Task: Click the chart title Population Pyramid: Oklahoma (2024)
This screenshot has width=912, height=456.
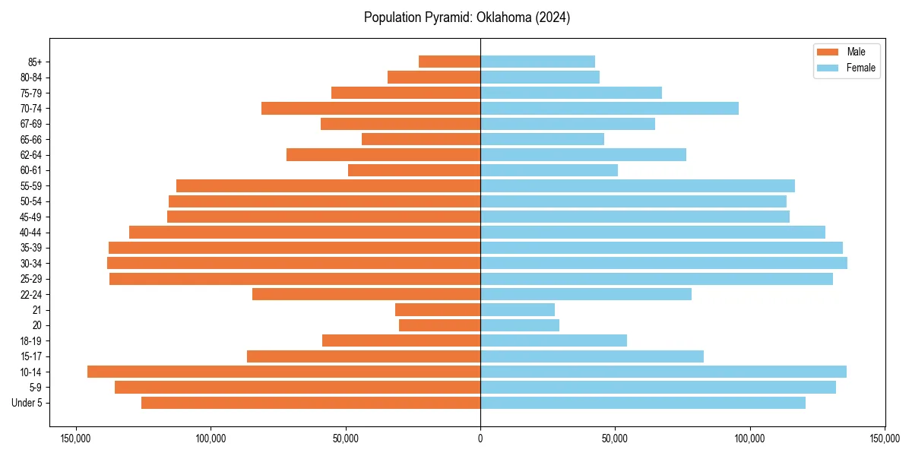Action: [467, 17]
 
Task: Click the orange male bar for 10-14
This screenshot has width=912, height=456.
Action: [283, 372]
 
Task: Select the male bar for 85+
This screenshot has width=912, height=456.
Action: [449, 62]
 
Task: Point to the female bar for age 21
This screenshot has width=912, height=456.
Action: [518, 309]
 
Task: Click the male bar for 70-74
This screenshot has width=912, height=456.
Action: [371, 108]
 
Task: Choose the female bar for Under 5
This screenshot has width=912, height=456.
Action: [643, 403]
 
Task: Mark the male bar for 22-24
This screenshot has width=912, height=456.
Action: [366, 294]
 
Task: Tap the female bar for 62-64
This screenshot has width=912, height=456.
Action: [583, 154]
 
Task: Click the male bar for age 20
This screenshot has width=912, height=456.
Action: [439, 325]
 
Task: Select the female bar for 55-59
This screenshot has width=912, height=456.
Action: [638, 185]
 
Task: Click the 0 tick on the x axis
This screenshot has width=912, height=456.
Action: [480, 438]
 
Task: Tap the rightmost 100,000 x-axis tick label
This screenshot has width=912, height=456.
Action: [750, 438]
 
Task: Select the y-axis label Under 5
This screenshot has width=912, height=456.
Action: [27, 403]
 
